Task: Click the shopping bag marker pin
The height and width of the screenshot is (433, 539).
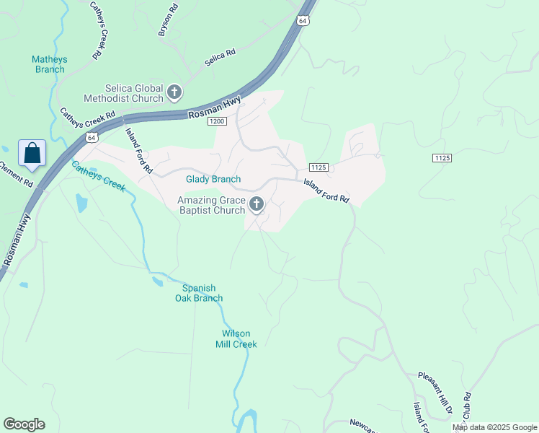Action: [32, 154]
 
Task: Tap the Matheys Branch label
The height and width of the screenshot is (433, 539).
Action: [50, 65]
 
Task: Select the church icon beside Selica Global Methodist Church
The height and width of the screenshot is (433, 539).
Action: [174, 92]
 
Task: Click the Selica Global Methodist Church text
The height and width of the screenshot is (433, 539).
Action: [123, 92]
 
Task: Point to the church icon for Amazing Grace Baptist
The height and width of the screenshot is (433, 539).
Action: [256, 206]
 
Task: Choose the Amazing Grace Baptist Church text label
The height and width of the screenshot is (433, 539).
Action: [212, 206]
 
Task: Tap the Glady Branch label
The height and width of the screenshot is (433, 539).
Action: [213, 179]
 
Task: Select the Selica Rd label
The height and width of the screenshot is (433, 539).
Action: [220, 58]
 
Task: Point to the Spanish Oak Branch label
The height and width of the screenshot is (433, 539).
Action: [199, 293]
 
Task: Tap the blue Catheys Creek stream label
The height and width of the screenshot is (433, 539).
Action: [98, 176]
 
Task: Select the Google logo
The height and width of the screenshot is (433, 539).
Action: [24, 424]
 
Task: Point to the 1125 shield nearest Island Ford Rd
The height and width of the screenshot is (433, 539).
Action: [321, 167]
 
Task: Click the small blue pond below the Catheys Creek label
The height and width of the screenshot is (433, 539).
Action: [80, 203]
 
